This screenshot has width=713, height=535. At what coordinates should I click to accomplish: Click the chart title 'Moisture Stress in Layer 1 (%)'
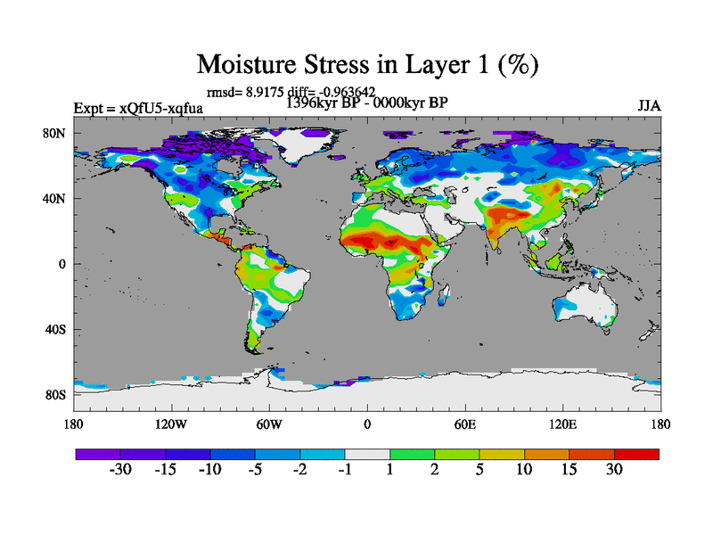tap(367, 65)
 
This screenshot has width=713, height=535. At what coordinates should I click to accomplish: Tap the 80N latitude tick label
tap(57, 134)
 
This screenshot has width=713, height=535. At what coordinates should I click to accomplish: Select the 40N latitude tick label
tap(57, 199)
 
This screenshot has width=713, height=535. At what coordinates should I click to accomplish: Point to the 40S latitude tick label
tap(57, 329)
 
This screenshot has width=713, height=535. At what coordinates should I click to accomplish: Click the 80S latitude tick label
tap(57, 394)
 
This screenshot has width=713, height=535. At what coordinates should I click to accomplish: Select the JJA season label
tap(649, 106)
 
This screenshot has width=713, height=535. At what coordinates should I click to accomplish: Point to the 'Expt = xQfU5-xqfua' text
tap(138, 109)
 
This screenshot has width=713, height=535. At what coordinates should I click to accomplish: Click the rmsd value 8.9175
tap(264, 91)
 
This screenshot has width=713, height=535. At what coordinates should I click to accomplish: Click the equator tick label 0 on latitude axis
tap(62, 264)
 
